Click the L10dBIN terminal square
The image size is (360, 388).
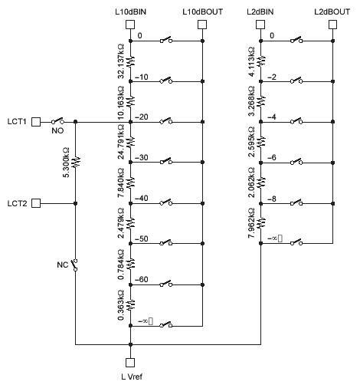[x=130, y=25]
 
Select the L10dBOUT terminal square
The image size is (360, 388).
[x=202, y=25]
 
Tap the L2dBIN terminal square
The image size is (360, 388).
[x=260, y=25]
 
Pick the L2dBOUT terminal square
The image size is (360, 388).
[x=332, y=25]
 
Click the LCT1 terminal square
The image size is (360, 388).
[x=36, y=122]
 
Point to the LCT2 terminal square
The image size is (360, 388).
[x=36, y=203]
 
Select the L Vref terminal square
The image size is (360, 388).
[x=130, y=363]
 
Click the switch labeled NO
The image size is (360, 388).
[x=57, y=120]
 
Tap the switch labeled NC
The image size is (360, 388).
[x=74, y=265]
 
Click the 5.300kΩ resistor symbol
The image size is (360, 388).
[x=76, y=163]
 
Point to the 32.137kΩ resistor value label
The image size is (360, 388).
[x=121, y=61]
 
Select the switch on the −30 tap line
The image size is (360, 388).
[x=166, y=161]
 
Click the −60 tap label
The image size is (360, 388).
[x=142, y=279]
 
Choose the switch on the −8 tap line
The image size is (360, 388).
[x=296, y=202]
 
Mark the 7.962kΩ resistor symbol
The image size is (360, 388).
[x=261, y=223]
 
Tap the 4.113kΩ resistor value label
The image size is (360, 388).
[x=251, y=61]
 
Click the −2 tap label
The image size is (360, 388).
[x=272, y=77]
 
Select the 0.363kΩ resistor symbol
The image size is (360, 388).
[x=131, y=304]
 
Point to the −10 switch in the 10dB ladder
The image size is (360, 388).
[x=166, y=80]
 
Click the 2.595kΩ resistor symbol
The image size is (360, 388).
[x=261, y=141]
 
